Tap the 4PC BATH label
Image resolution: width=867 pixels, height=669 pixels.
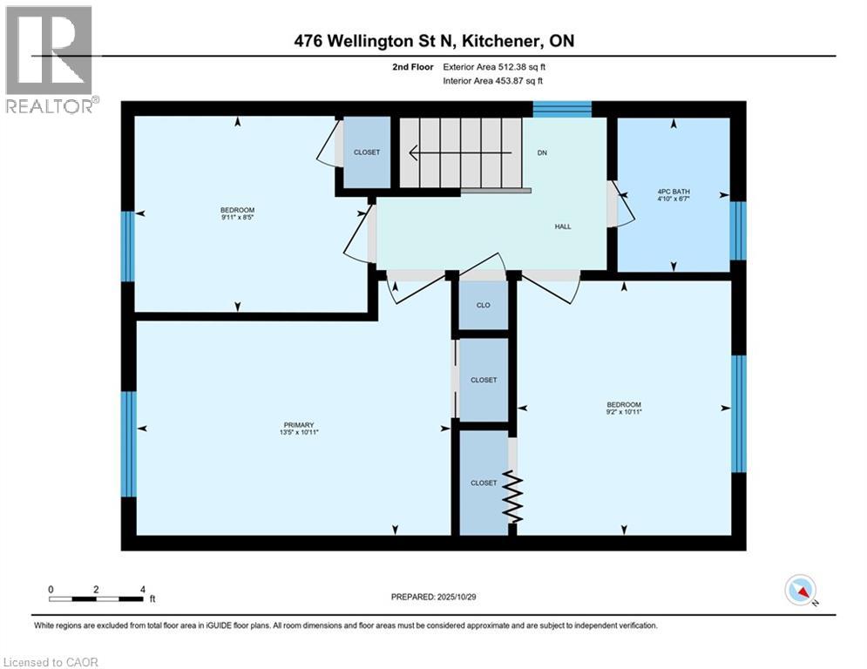(x=674, y=193)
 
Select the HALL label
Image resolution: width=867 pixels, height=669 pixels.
(x=563, y=226)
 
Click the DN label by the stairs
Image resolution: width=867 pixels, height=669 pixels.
(x=541, y=152)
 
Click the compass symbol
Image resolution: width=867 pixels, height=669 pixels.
(x=801, y=591)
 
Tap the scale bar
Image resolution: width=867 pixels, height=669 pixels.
(x=96, y=598)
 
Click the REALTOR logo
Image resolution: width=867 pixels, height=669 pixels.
(x=50, y=59)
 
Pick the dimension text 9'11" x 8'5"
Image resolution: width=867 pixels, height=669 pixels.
(x=237, y=218)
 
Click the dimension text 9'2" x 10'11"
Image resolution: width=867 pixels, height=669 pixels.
(x=624, y=413)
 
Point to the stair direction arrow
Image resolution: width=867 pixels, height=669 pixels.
(x=453, y=152)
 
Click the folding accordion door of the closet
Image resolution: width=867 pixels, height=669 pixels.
(x=513, y=499)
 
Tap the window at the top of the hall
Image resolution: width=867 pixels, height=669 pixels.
(x=562, y=109)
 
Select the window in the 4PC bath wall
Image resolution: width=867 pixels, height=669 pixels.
(x=738, y=231)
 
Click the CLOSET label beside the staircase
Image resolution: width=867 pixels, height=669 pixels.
(x=367, y=152)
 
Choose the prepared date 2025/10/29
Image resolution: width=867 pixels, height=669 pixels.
(x=435, y=597)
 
